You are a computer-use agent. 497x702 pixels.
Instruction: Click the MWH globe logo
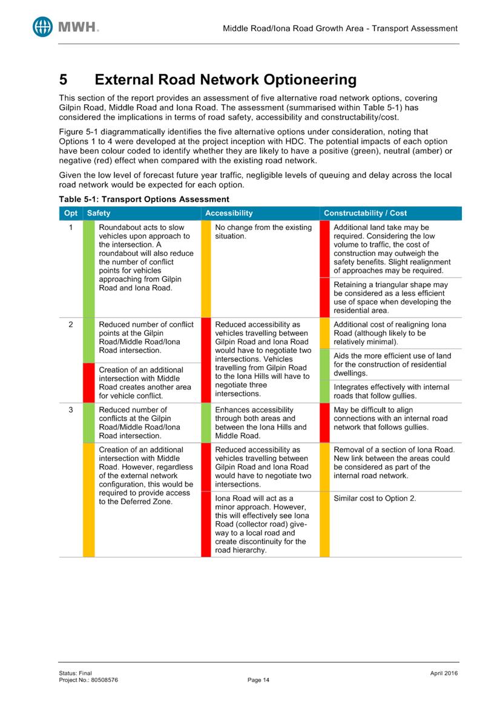point(43,26)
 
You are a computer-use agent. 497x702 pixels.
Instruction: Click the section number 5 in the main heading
point(63,80)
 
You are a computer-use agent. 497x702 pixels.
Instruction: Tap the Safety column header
point(99,213)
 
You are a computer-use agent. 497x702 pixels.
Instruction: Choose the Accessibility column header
point(229,213)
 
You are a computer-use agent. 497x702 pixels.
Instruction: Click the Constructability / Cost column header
point(365,213)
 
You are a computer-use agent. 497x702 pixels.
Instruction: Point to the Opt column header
point(71,213)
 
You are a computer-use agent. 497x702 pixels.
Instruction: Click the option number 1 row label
point(71,228)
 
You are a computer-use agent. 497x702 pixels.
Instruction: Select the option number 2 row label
point(71,324)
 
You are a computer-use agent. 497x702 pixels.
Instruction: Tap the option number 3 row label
point(71,410)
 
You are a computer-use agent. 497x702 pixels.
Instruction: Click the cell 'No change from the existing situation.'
point(263,232)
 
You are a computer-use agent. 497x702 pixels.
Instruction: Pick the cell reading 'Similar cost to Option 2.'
point(375,499)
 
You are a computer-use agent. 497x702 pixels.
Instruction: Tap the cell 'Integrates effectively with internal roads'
point(391,391)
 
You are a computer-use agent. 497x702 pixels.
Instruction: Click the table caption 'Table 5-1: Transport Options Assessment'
point(143,198)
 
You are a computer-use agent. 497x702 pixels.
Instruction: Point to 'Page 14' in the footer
point(258,680)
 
